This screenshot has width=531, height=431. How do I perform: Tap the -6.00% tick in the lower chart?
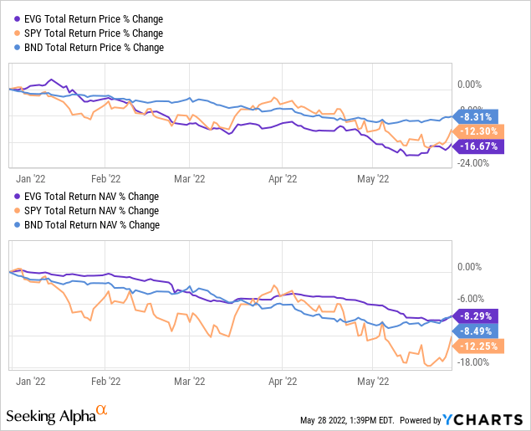(473, 298)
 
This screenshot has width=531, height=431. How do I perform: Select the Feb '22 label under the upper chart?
(105, 178)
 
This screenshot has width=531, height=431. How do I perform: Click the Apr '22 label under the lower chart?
(282, 379)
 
